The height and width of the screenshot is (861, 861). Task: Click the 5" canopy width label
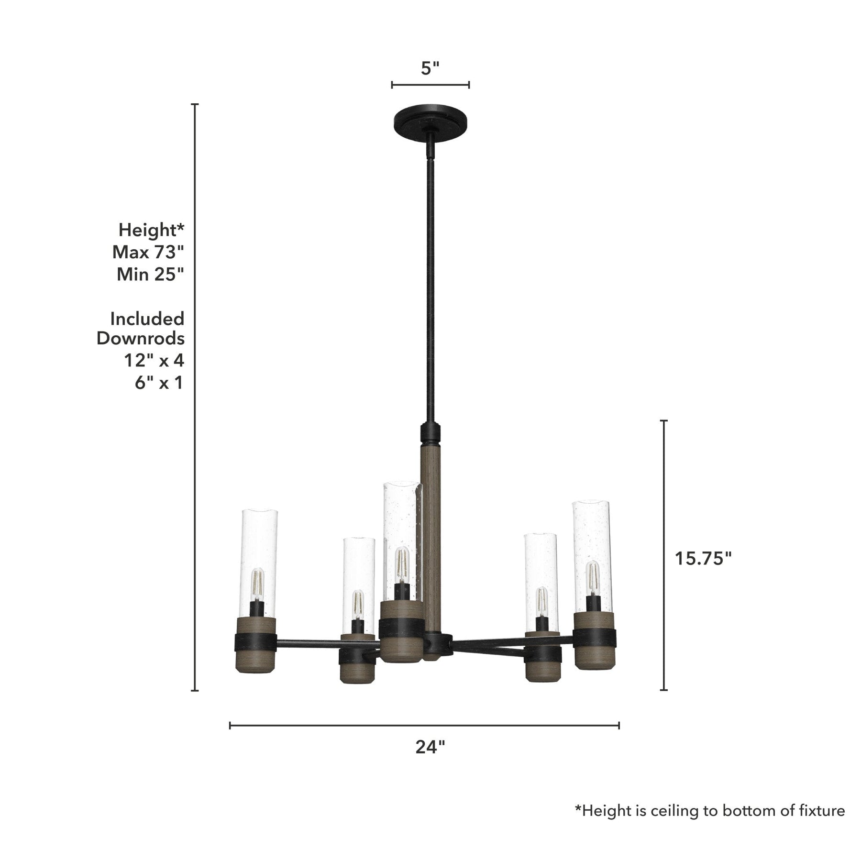tap(430, 68)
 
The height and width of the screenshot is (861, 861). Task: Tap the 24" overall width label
tap(430, 747)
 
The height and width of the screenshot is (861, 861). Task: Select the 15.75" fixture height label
tap(703, 558)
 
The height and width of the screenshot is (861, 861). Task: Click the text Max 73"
tap(148, 252)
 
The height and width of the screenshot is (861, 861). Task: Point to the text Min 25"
tap(150, 274)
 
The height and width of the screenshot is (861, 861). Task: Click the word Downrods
tap(141, 338)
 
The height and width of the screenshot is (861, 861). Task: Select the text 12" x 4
tap(154, 360)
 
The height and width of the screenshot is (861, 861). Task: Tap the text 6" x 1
tap(159, 383)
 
